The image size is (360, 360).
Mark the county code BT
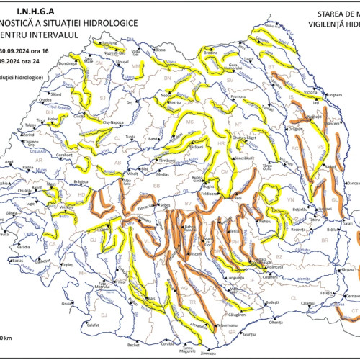coord(272,66)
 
